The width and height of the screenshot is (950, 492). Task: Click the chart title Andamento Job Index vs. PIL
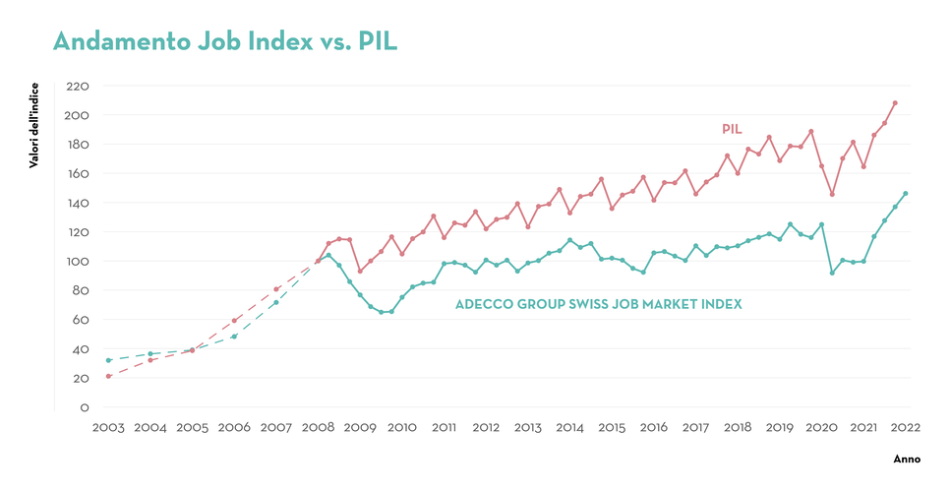click(x=224, y=41)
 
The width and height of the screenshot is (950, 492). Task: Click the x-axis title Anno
click(x=906, y=460)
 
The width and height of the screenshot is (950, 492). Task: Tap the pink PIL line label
click(x=731, y=129)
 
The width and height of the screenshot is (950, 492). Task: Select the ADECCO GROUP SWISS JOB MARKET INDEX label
click(x=598, y=305)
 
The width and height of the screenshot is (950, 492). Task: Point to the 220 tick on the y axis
click(x=77, y=87)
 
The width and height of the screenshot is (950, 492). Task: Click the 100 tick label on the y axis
click(x=77, y=262)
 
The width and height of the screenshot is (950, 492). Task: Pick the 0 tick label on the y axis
click(x=85, y=407)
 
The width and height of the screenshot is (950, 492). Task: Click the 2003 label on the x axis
click(x=108, y=428)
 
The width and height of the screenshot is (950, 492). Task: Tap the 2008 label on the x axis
click(x=318, y=428)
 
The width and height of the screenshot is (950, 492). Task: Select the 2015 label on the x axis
click(x=612, y=428)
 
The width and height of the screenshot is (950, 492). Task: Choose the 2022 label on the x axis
click(x=905, y=428)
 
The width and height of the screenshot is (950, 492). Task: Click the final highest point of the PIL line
click(x=895, y=103)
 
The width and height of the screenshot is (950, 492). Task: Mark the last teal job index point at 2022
click(x=906, y=194)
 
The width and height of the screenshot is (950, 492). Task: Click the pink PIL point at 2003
click(x=108, y=376)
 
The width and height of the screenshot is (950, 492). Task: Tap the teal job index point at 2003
click(x=108, y=360)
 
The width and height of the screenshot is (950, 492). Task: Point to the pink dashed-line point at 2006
click(x=234, y=321)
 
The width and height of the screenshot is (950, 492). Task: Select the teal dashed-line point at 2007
click(x=276, y=302)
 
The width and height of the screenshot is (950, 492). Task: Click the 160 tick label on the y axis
click(x=77, y=174)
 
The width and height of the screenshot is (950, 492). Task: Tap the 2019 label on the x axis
click(x=779, y=428)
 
